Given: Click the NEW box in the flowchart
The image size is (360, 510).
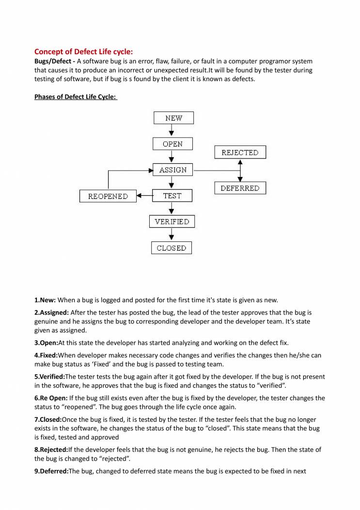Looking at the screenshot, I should (173, 118).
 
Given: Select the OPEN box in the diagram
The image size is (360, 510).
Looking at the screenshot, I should (172, 144).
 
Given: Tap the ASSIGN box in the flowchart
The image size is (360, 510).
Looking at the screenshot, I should (173, 170).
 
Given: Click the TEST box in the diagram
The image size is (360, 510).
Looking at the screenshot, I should (172, 196).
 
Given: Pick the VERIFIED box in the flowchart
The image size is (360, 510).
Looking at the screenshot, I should (172, 222).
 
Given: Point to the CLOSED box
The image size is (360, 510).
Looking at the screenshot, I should (172, 248).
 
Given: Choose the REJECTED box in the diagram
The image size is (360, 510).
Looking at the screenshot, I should (240, 152).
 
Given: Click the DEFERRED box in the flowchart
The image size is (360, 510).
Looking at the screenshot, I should (240, 188).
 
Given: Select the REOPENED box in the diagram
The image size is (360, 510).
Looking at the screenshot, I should (108, 196).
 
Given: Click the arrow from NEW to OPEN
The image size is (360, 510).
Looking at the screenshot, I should (172, 131).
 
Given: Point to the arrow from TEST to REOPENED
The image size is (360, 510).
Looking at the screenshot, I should (144, 196).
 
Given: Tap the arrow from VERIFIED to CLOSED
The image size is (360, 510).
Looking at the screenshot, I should (172, 235).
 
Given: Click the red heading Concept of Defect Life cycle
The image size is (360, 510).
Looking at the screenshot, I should (83, 51).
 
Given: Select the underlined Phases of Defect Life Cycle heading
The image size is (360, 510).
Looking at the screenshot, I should (75, 97).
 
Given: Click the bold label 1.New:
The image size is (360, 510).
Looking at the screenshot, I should (45, 300).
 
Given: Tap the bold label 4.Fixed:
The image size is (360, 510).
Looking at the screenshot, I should (47, 355).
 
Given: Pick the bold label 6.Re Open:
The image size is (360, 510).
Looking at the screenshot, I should (51, 398).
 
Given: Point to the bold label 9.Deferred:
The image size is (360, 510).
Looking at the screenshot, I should (51, 471).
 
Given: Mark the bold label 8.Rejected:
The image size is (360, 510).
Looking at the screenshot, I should (51, 449).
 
